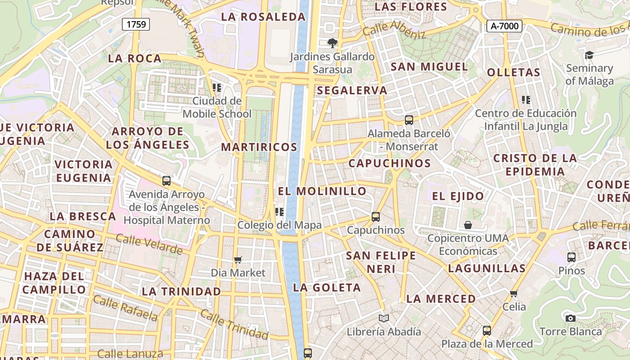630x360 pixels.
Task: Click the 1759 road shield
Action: (x=136, y=24)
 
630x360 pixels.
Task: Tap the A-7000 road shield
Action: (x=504, y=26)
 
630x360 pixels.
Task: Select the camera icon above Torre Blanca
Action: (x=571, y=319)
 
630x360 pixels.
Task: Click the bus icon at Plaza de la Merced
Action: (x=486, y=331)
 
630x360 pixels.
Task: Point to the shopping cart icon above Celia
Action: (x=514, y=294)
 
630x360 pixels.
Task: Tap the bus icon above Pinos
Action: (x=571, y=257)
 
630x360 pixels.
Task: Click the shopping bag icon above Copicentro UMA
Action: (x=468, y=225)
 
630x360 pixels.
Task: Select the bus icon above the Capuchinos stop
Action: (x=376, y=217)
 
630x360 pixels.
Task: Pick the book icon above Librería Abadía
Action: (x=383, y=319)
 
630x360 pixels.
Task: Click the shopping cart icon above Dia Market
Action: (x=238, y=260)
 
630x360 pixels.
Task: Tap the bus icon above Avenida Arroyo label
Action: (x=166, y=181)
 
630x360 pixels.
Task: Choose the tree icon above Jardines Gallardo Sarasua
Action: (x=333, y=43)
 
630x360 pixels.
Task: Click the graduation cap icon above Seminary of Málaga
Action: (x=589, y=55)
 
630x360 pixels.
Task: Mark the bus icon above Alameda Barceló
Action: (x=409, y=120)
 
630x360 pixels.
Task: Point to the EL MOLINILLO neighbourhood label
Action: (x=322, y=191)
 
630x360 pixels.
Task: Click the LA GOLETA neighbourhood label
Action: (x=327, y=288)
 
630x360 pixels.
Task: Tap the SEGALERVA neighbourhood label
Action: (x=352, y=90)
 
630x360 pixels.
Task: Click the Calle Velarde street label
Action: (x=149, y=243)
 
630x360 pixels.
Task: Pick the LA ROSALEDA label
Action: (x=264, y=17)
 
